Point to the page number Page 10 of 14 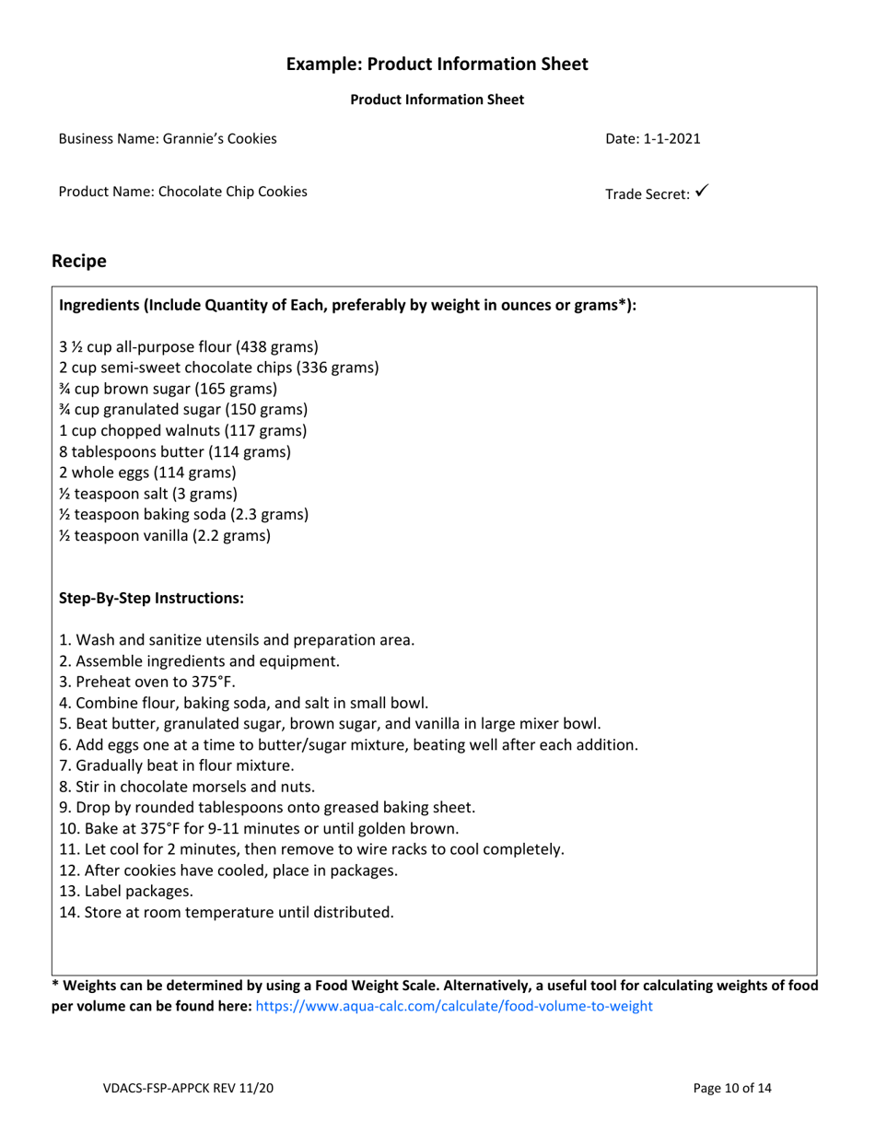point(732,1089)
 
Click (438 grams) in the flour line point(277,347)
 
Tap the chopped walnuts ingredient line point(182,431)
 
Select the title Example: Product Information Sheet point(437,64)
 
